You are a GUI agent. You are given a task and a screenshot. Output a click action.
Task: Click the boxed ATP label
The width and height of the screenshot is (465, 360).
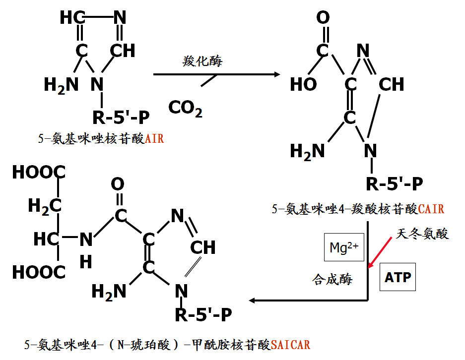398,277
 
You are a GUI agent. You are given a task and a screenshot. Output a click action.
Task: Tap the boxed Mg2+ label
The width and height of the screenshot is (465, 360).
344,247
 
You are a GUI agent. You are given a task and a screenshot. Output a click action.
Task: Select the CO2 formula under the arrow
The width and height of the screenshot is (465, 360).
185,108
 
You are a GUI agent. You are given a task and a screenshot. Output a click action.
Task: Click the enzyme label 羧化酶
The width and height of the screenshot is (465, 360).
202,61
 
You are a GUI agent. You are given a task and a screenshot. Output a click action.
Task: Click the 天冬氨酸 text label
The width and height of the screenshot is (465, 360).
422,234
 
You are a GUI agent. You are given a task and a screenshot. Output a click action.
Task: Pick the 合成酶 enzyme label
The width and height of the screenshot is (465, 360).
332,279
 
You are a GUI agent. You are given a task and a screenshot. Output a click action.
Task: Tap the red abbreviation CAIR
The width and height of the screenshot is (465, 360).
431,209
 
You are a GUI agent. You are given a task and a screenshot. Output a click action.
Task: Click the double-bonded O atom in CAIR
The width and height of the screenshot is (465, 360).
323,18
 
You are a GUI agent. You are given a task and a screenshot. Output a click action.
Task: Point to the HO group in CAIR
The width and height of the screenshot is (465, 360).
303,84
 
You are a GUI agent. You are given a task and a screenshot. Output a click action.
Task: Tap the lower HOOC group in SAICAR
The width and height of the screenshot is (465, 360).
38,272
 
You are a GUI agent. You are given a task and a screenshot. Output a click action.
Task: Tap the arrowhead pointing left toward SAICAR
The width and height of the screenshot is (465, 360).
253,300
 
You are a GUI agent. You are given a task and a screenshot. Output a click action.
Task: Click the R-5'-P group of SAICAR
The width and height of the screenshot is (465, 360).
203,314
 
